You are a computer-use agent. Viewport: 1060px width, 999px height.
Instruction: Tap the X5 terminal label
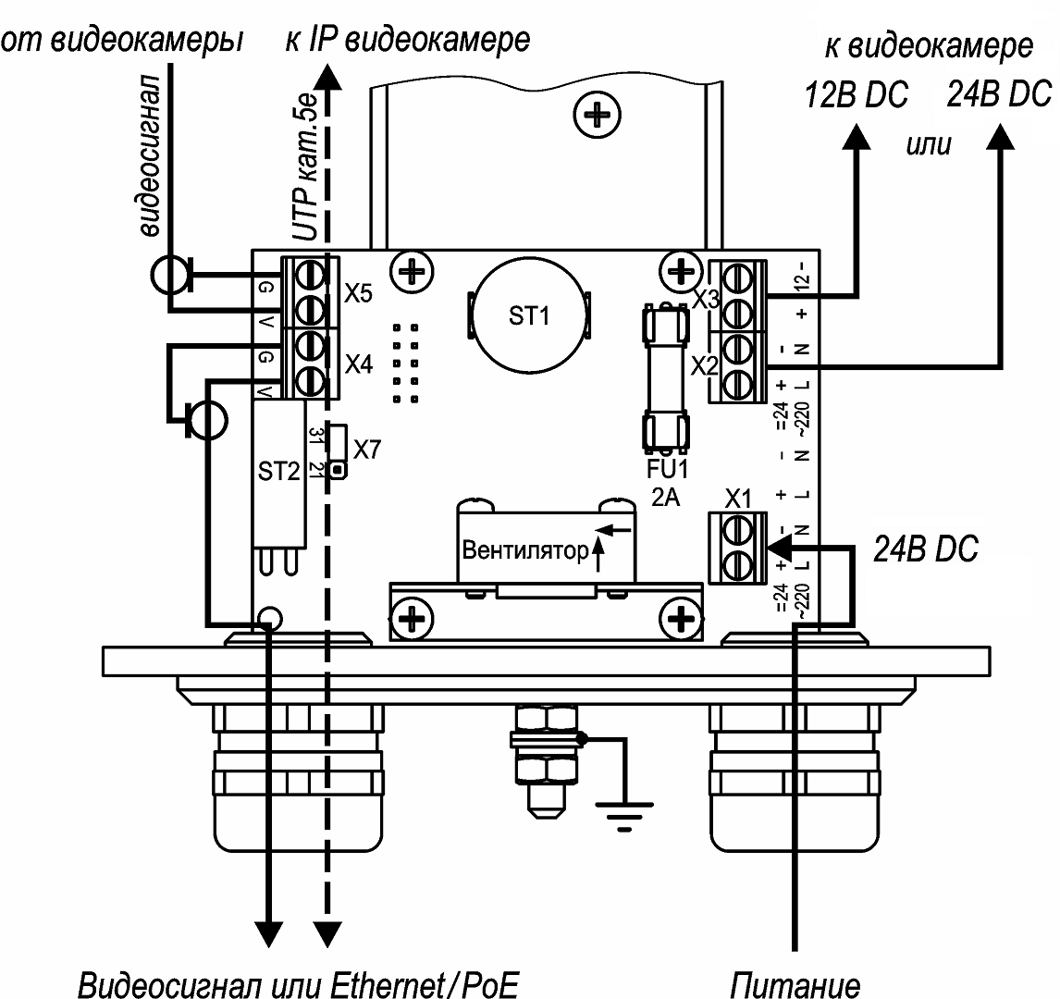[358, 295]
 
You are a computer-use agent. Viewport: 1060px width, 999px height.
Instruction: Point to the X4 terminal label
[358, 365]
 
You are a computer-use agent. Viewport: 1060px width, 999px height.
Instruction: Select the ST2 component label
[278, 473]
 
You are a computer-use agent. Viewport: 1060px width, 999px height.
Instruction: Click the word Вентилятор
[524, 551]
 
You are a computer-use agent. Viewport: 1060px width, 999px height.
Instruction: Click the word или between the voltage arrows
[930, 146]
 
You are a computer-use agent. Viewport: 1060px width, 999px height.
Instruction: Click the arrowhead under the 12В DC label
[856, 136]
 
